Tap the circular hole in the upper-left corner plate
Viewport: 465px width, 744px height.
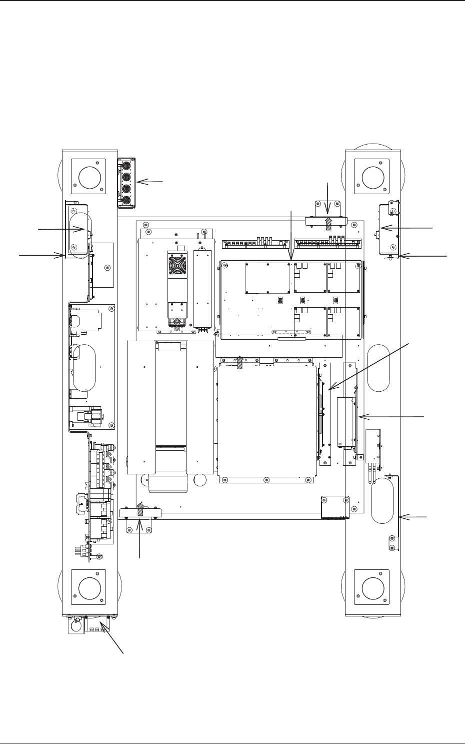coord(88,177)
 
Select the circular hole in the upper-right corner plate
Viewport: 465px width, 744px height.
coord(371,177)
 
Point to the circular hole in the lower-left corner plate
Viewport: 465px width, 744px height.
coord(88,588)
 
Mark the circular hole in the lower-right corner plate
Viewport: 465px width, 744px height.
coord(371,588)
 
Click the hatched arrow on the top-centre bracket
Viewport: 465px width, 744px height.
coord(328,223)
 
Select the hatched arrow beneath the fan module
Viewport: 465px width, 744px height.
coord(176,325)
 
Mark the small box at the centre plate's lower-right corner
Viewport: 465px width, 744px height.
coord(334,507)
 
